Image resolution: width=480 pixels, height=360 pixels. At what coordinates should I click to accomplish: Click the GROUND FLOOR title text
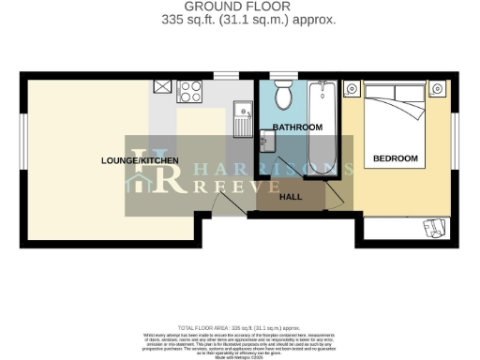pyautogui.click(x=239, y=7)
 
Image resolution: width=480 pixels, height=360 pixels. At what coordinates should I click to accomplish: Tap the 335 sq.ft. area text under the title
pyautogui.click(x=239, y=19)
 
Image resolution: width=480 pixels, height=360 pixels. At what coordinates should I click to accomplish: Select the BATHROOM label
pyautogui.click(x=297, y=127)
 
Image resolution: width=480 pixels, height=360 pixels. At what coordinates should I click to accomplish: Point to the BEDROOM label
pyautogui.click(x=395, y=158)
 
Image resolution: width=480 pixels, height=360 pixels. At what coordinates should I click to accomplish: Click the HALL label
pyautogui.click(x=291, y=197)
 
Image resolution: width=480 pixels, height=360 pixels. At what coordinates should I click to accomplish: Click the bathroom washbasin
pyautogui.click(x=267, y=141)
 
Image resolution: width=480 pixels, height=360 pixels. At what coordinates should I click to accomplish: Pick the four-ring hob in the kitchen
pyautogui.click(x=191, y=91)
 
